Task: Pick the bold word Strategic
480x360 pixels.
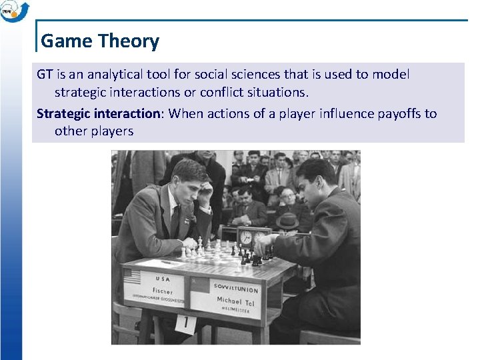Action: click(x=63, y=113)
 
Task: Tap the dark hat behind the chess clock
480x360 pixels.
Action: click(x=287, y=221)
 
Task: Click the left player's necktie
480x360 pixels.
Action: click(x=175, y=221)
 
